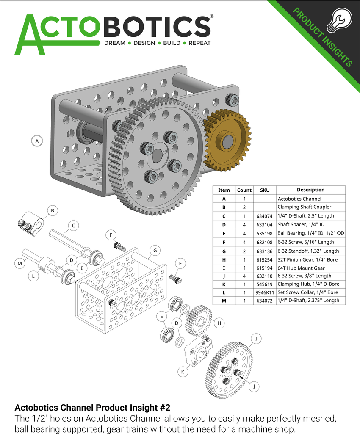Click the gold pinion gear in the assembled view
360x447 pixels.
pyautogui.click(x=227, y=139)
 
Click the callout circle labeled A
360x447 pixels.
pyautogui.click(x=37, y=141)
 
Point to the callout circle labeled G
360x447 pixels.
pyautogui.click(x=155, y=251)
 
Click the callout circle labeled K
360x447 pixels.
pyautogui.click(x=183, y=371)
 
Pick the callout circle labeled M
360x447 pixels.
pyautogui.click(x=19, y=263)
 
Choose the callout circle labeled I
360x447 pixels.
pyautogui.click(x=256, y=339)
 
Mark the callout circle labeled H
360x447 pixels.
pyautogui.click(x=219, y=323)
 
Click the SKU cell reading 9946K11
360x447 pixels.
pyautogui.click(x=265, y=292)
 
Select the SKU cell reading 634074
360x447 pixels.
pyautogui.click(x=265, y=216)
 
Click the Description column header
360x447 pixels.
pyautogui.click(x=310, y=190)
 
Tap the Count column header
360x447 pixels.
pyautogui.click(x=244, y=190)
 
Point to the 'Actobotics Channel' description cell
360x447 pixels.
pyautogui.click(x=299, y=199)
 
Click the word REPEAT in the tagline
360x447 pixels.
pyautogui.click(x=199, y=43)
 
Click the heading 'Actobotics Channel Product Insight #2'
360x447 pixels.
pyautogui.click(x=92, y=408)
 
